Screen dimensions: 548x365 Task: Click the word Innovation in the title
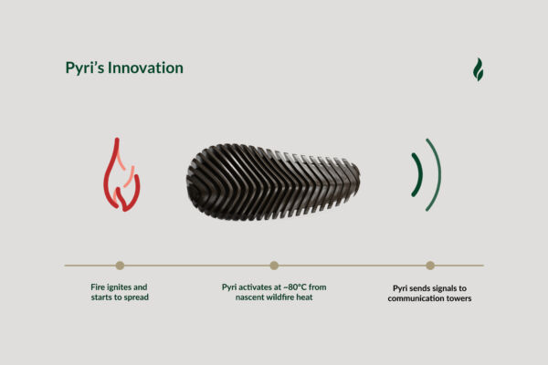click(145, 68)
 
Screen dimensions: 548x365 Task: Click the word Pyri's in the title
click(85, 68)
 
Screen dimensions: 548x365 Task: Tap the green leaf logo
click(478, 69)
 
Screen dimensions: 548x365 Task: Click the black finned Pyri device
click(272, 182)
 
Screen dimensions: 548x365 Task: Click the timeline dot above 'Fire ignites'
click(120, 266)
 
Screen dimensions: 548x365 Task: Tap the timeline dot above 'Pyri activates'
click(274, 266)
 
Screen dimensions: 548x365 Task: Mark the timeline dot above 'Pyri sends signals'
click(430, 266)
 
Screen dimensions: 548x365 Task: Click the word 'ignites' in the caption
click(119, 287)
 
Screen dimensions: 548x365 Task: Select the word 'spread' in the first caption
click(137, 297)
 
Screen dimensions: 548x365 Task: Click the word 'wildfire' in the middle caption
click(280, 297)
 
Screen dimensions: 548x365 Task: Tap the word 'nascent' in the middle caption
click(249, 297)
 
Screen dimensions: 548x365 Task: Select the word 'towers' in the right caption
click(458, 298)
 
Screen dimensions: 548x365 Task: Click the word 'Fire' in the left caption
click(98, 287)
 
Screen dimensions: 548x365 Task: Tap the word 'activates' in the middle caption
click(256, 287)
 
